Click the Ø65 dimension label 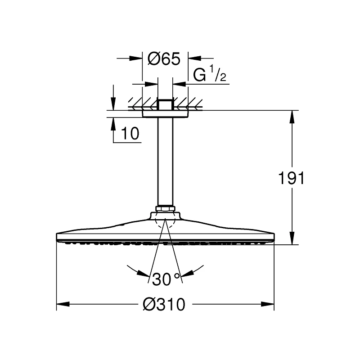[164, 59]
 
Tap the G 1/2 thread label [210, 73]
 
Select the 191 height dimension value [291, 178]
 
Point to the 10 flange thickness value [130, 133]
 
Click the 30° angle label [166, 279]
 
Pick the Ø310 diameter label [164, 305]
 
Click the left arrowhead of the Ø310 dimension [63, 304]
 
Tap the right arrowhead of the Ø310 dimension [267, 304]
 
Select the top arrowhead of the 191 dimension [292, 117]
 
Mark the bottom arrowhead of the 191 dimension [292, 238]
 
